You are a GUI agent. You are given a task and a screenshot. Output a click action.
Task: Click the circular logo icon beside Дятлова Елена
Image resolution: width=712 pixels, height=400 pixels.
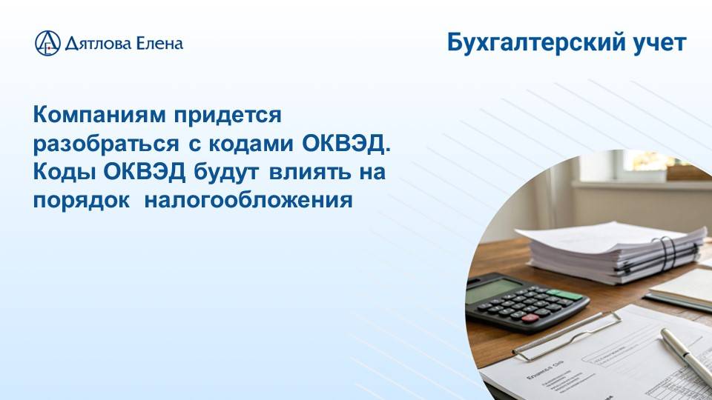47,43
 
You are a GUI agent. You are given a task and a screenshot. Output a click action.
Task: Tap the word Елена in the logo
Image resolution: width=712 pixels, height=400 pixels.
158,43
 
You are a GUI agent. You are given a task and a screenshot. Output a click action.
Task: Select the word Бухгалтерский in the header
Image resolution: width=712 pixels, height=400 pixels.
535,43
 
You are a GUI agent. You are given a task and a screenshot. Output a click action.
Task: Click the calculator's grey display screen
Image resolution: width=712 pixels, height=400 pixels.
493,290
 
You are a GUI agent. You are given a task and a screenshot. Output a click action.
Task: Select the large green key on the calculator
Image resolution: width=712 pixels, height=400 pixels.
567,294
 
